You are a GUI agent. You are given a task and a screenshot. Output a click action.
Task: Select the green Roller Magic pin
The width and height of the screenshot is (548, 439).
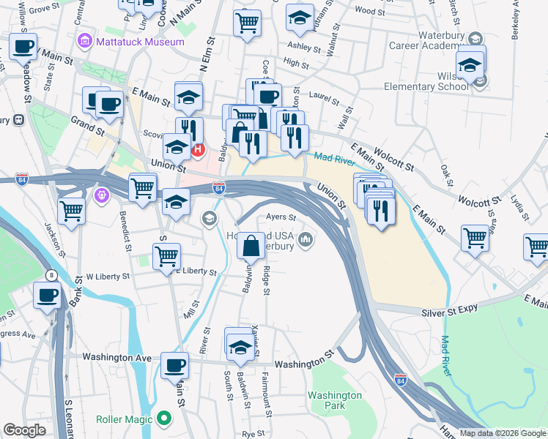pyautogui.click(x=163, y=419)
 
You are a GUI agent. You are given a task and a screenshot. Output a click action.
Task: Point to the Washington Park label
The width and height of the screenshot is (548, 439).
pyautogui.click(x=335, y=399)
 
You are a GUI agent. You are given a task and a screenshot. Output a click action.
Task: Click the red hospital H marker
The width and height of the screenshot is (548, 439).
pyautogui.click(x=197, y=151)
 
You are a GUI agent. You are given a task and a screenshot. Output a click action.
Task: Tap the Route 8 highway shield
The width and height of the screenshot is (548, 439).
pyautogui.click(x=51, y=275)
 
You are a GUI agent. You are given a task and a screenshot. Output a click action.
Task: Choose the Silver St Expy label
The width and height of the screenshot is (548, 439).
pyautogui.click(x=450, y=312)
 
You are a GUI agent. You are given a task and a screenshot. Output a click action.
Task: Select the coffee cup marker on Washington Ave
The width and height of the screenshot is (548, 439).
pyautogui.click(x=174, y=364)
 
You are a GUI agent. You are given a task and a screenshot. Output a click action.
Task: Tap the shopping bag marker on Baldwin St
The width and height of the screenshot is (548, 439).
pyautogui.click(x=251, y=246)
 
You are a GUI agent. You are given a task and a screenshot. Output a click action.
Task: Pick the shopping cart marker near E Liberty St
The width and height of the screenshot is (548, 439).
pyautogui.click(x=167, y=257)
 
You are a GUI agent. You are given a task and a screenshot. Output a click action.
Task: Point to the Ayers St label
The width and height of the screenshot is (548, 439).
pyautogui.click(x=281, y=217)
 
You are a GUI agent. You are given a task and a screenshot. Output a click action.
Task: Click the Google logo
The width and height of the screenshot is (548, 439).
pyautogui.click(x=24, y=430)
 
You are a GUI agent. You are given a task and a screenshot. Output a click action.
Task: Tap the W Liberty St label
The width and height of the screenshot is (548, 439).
pyautogui.click(x=107, y=277)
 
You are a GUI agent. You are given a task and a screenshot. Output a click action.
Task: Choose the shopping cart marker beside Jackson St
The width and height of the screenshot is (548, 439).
pyautogui.click(x=72, y=211)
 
